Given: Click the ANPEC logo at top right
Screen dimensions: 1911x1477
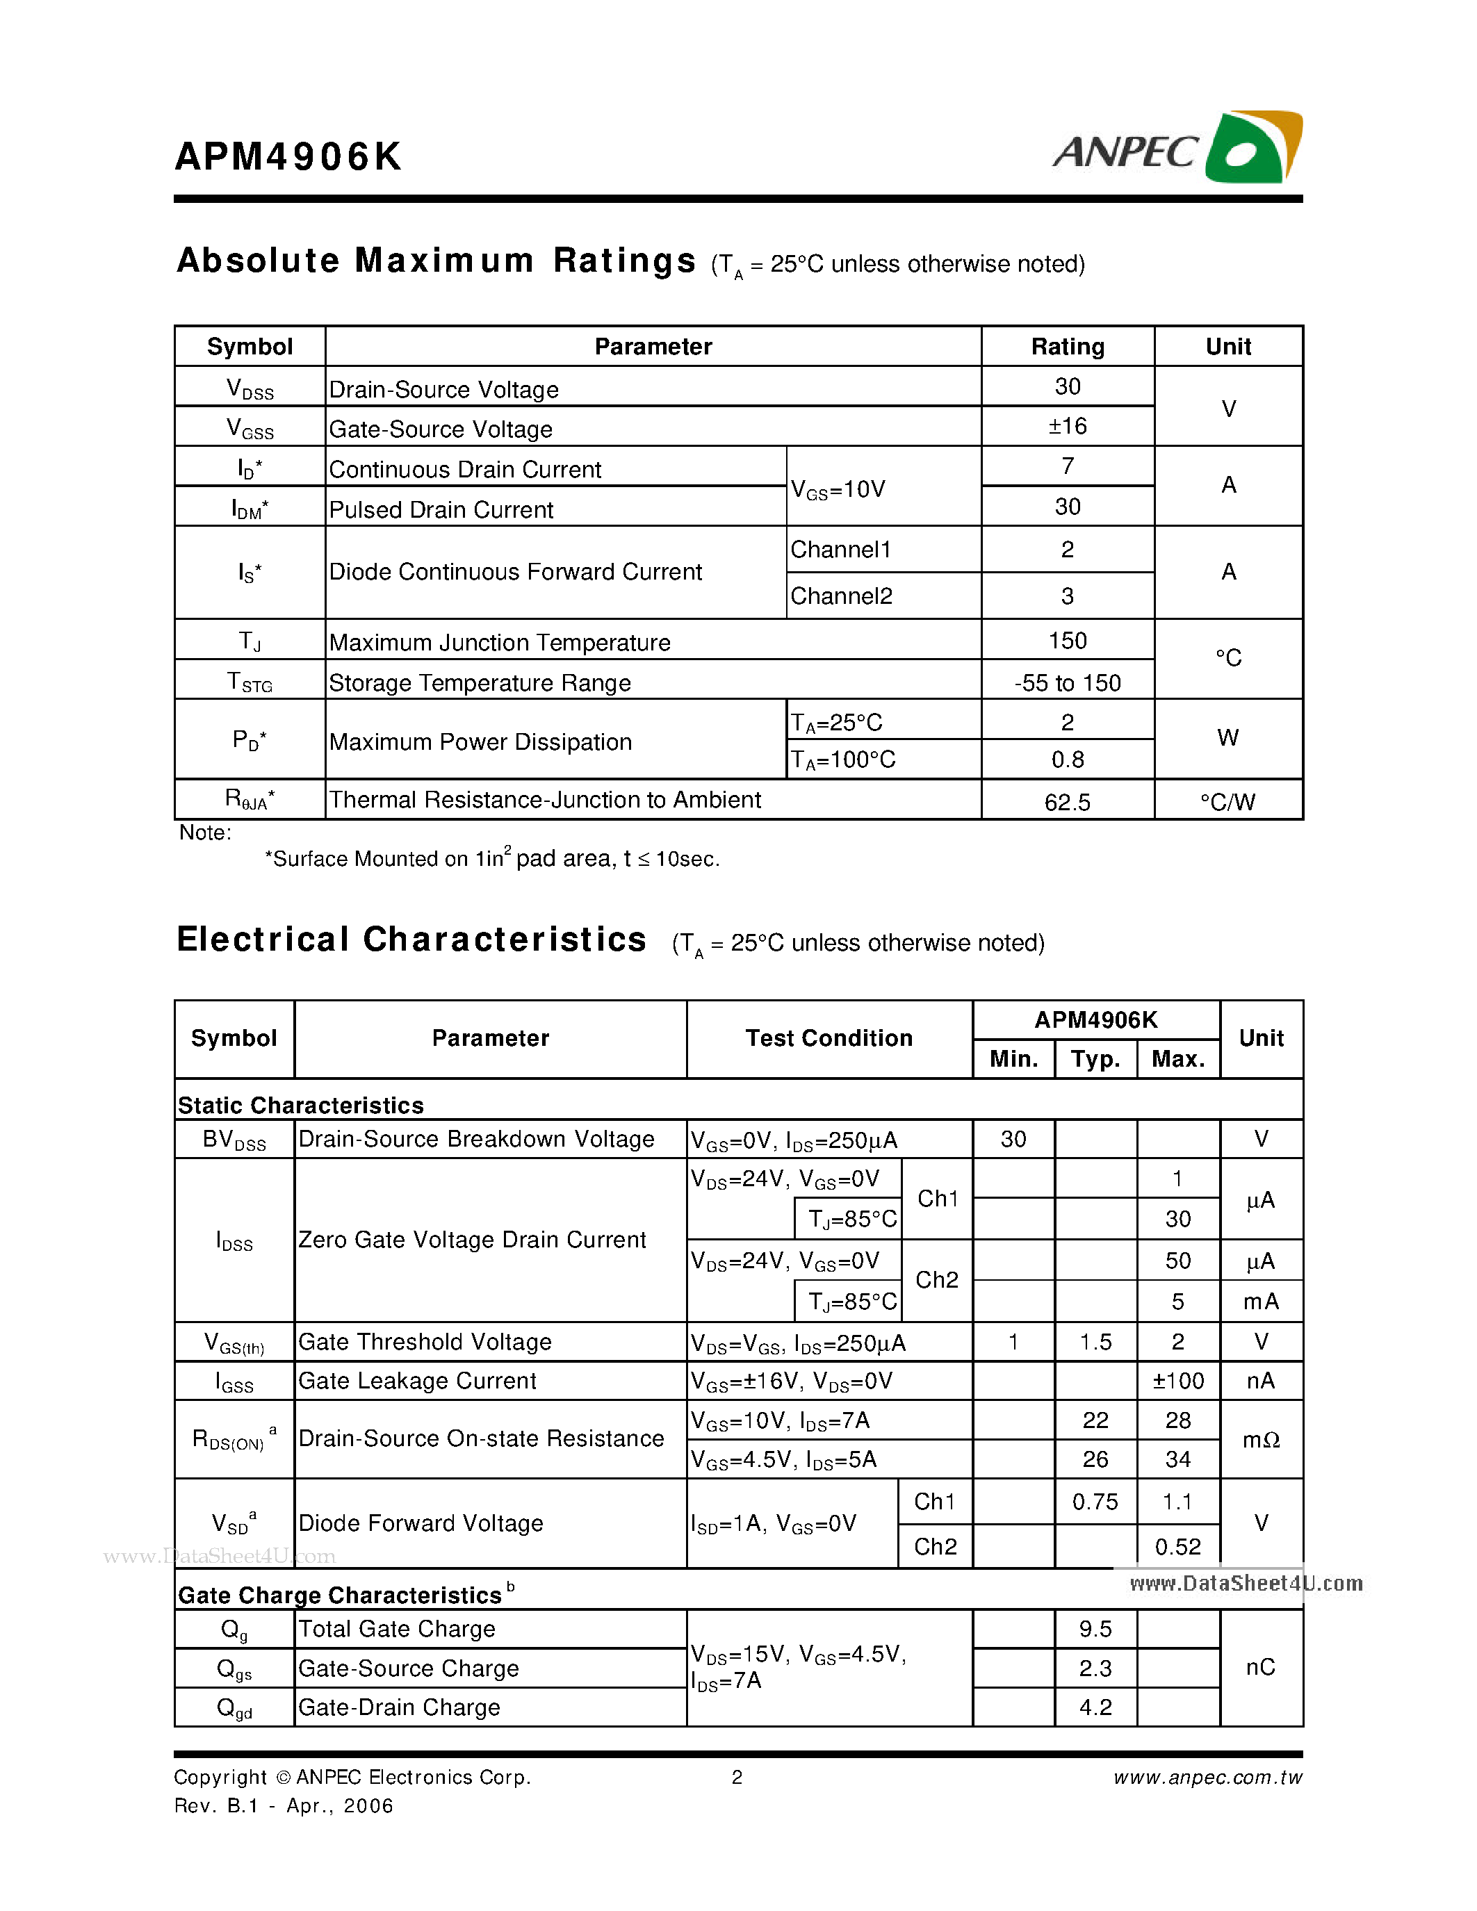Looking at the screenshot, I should [1177, 149].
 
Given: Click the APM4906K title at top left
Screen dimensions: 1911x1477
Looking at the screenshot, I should [288, 156].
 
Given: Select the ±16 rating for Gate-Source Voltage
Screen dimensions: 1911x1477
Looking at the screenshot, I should [1067, 426].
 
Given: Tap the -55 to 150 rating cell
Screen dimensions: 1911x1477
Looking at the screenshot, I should [1067, 682].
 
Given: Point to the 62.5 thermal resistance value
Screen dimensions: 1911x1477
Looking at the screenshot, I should [1067, 801].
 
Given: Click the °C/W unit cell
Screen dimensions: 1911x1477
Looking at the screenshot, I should [1227, 801].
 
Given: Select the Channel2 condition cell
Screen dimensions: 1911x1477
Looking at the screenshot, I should [841, 596].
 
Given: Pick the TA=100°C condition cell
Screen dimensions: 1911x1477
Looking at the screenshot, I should [842, 760].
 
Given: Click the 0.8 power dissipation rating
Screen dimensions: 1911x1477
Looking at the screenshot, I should [1067, 760].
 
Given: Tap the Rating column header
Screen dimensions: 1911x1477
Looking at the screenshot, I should [1067, 347].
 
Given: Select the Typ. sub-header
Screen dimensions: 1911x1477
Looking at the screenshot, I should [1095, 1059].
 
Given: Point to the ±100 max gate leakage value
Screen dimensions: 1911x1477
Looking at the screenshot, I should [1177, 1381].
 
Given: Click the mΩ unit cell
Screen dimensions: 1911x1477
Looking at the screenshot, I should [1260, 1439].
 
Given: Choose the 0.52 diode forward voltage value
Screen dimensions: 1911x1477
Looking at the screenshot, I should [1177, 1547].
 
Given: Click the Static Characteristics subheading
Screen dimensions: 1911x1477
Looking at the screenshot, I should [300, 1105].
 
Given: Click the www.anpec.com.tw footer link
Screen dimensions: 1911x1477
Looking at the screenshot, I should [1207, 1777].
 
